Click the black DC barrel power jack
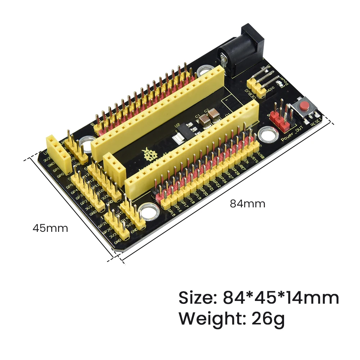click(x=239, y=50)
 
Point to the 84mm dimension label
click(x=248, y=204)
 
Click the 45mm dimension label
click(x=50, y=228)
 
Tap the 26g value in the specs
click(x=266, y=319)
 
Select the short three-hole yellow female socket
click(x=115, y=168)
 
